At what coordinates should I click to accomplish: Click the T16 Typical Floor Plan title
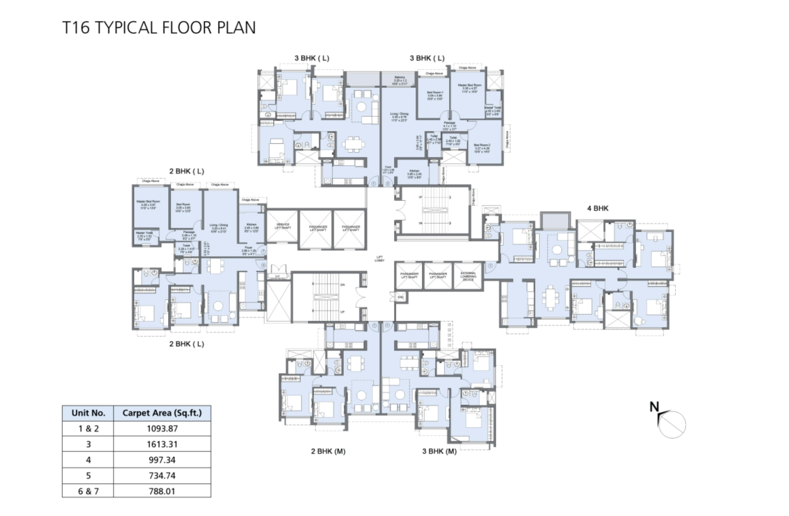(159, 28)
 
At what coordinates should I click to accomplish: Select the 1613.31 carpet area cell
(162, 444)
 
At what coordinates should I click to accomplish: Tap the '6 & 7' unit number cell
(88, 491)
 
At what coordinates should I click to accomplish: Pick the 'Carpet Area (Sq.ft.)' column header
(162, 413)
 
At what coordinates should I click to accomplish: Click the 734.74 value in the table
(162, 476)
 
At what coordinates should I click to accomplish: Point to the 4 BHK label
(598, 208)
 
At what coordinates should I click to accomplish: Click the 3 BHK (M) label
(439, 451)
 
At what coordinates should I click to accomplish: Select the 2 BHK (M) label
(328, 451)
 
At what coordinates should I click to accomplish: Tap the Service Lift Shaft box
(283, 226)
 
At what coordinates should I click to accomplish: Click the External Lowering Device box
(468, 276)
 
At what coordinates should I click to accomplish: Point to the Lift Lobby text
(380, 259)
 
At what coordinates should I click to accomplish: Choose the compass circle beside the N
(672, 425)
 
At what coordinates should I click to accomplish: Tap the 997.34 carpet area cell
(162, 460)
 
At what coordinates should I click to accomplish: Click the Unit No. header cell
(88, 413)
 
